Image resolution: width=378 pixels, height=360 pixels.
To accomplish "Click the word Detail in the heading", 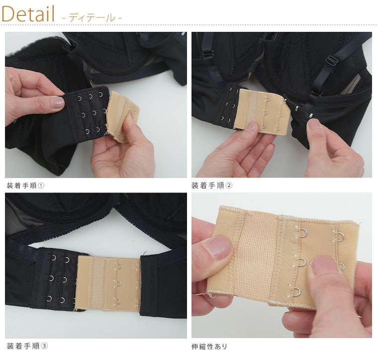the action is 28,14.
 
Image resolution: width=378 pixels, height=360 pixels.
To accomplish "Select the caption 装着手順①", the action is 25,185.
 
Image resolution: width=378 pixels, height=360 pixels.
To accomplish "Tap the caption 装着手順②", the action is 212,185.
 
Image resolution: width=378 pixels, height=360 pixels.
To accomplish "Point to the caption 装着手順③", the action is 27,346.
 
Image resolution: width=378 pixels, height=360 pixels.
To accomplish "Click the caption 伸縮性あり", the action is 209,347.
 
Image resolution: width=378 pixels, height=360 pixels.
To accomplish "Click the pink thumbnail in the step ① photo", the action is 57,103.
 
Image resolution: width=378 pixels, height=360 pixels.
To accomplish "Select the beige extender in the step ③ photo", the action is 108,283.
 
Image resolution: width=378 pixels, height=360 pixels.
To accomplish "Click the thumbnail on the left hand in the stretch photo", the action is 218,248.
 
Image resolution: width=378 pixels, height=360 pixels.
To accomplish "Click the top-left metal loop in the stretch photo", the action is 302,233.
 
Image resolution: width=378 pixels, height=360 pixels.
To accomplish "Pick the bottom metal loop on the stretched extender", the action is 297,291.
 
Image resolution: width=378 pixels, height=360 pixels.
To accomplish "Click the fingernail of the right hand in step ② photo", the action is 315,124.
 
